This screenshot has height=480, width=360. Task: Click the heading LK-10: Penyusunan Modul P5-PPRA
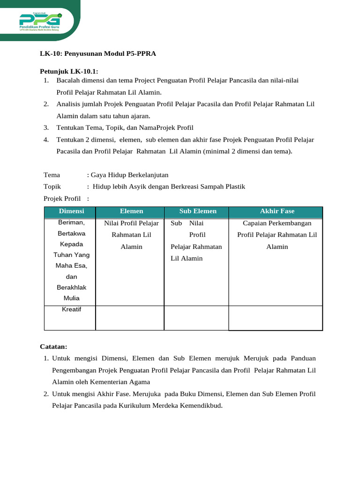pyautogui.click(x=97, y=54)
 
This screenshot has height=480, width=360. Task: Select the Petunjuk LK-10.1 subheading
pyautogui.click(x=68, y=71)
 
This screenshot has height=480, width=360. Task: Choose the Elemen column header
pyautogui.click(x=131, y=211)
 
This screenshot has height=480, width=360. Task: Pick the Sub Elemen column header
pyautogui.click(x=198, y=211)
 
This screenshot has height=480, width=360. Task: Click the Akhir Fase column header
pyautogui.click(x=277, y=211)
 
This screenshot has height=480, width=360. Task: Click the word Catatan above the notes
pyautogui.click(x=53, y=346)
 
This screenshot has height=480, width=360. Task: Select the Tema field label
pyautogui.click(x=52, y=175)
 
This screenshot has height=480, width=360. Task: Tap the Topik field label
pyautogui.click(x=52, y=187)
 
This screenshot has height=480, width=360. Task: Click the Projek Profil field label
pyautogui.click(x=62, y=198)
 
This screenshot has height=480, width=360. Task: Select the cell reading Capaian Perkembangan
pyautogui.click(x=277, y=223)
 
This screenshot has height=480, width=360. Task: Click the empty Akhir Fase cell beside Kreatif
pyautogui.click(x=276, y=318)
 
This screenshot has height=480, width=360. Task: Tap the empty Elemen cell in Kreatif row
pyautogui.click(x=130, y=318)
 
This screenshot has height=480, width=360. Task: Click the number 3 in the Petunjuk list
pyautogui.click(x=46, y=127)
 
